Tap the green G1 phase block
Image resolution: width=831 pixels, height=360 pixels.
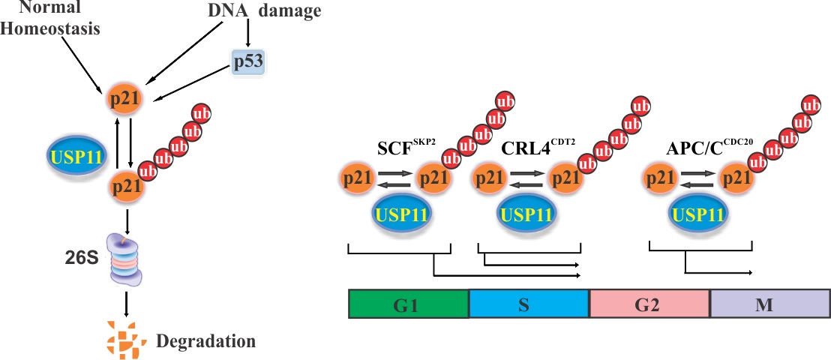pos(409,304)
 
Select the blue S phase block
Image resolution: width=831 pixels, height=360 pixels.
pos(529,304)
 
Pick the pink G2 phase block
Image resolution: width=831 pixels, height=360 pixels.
pos(649,304)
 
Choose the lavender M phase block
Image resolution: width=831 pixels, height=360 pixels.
pos(769,304)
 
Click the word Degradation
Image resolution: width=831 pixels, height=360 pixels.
pos(205,341)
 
